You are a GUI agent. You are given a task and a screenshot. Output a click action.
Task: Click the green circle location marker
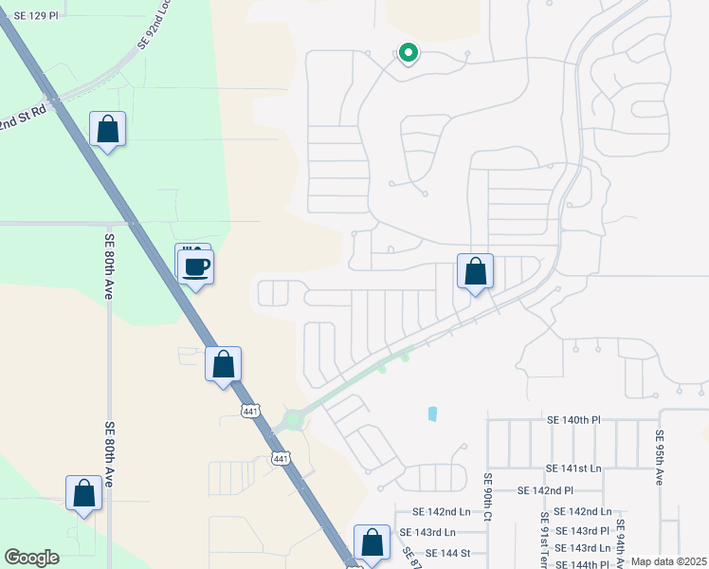(x=409, y=53)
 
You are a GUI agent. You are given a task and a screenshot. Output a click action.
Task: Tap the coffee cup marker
(x=196, y=267)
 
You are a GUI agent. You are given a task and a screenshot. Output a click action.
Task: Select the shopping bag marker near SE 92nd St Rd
(x=108, y=129)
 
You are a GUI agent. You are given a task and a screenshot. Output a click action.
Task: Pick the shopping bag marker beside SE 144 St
(x=373, y=542)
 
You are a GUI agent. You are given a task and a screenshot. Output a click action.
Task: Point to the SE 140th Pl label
(x=574, y=418)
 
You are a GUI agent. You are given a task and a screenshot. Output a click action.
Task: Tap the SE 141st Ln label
(x=574, y=468)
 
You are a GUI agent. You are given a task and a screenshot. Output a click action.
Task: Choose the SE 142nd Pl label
(x=546, y=490)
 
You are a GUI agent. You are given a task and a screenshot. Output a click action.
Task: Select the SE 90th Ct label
(x=489, y=497)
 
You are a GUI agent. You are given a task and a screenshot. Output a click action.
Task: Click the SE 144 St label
(x=448, y=552)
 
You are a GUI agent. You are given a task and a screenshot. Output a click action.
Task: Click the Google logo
(x=31, y=557)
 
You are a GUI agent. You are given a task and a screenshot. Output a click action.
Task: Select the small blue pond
(x=433, y=413)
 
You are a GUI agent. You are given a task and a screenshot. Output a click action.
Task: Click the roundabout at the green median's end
(x=294, y=418)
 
